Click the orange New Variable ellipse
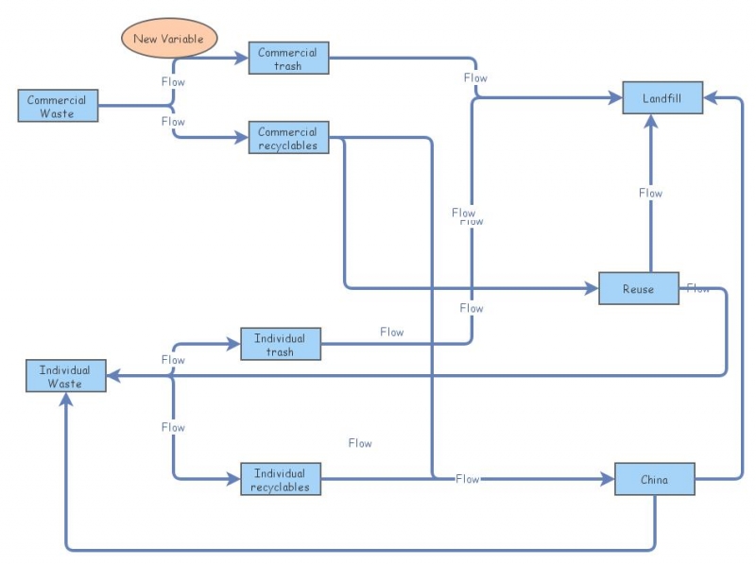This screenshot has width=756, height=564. (168, 38)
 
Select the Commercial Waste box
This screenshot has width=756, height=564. (58, 106)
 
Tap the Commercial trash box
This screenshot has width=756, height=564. (288, 58)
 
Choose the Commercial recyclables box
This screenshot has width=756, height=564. (288, 138)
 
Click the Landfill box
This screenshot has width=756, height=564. (661, 98)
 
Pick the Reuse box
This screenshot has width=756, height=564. (638, 289)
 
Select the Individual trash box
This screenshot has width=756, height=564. (280, 345)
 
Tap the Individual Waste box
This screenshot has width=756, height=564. (65, 376)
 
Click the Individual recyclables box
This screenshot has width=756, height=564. (280, 480)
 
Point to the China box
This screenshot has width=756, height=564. (654, 479)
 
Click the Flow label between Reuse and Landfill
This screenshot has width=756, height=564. (650, 193)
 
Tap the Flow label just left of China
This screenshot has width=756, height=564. (468, 479)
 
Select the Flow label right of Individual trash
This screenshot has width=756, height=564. (391, 332)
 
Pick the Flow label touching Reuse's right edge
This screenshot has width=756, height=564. (698, 288)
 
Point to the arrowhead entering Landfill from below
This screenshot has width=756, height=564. (650, 121)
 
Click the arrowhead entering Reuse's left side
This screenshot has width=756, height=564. (591, 288)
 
